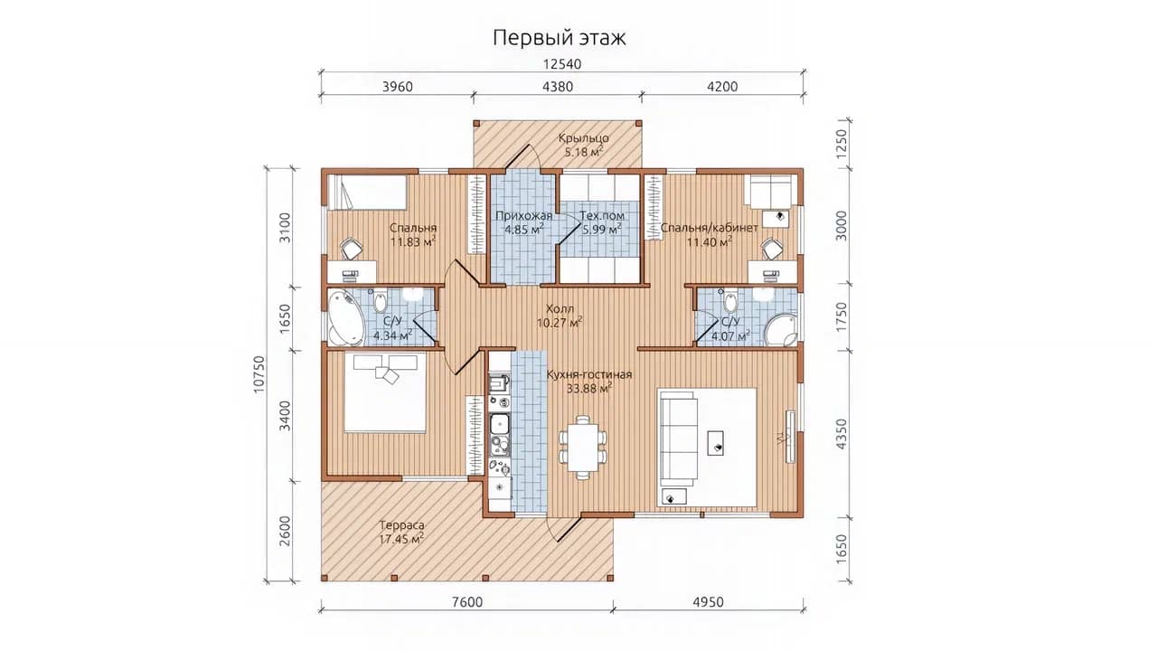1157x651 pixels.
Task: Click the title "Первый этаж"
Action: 559,38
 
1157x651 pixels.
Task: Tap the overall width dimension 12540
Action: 562,64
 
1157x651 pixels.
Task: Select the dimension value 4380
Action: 558,86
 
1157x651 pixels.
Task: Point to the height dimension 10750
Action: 259,374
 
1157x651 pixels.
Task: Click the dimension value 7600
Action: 467,602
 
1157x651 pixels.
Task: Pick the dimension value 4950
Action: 708,602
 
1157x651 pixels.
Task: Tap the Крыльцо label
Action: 583,138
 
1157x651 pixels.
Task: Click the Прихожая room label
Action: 523,215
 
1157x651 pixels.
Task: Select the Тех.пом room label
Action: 602,215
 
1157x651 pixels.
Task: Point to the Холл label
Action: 560,308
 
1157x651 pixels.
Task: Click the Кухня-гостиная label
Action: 589,374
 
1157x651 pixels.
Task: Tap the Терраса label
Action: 402,525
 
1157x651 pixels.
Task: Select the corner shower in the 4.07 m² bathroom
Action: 782,330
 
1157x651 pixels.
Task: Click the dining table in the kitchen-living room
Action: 583,447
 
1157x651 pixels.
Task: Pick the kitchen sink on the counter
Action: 499,424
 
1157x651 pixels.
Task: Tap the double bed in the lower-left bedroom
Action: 385,392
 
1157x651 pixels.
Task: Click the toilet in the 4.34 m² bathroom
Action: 381,301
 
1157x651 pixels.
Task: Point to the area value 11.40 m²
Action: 710,241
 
